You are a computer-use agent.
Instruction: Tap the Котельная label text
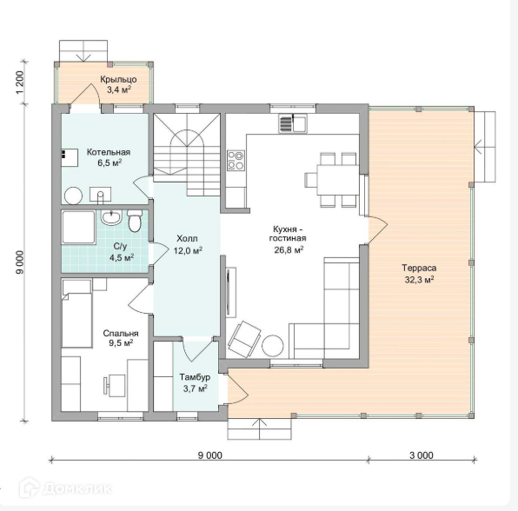(x=109, y=152)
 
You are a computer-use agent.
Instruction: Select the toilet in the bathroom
(x=135, y=221)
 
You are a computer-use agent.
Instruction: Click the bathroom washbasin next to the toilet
(x=111, y=217)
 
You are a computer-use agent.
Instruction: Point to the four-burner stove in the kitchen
(x=236, y=161)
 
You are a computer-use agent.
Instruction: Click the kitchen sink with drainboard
(x=293, y=123)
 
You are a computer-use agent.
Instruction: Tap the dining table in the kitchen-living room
(x=337, y=180)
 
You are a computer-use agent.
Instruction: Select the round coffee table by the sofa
(x=273, y=346)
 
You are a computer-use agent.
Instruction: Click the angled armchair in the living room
(x=244, y=339)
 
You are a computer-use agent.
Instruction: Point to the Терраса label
(x=419, y=269)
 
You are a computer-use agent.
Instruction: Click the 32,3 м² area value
(x=419, y=280)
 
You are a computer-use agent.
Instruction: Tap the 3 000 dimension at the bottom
(x=422, y=455)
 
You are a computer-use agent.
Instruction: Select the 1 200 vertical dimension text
(x=20, y=83)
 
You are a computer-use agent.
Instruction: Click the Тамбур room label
(x=195, y=377)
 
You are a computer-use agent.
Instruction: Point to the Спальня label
(x=121, y=334)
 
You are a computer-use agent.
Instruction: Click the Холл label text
(x=188, y=238)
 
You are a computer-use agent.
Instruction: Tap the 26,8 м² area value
(x=289, y=249)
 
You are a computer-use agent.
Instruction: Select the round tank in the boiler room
(x=73, y=196)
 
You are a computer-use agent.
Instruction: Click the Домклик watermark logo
(x=65, y=488)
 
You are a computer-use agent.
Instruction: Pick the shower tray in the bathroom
(x=78, y=228)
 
